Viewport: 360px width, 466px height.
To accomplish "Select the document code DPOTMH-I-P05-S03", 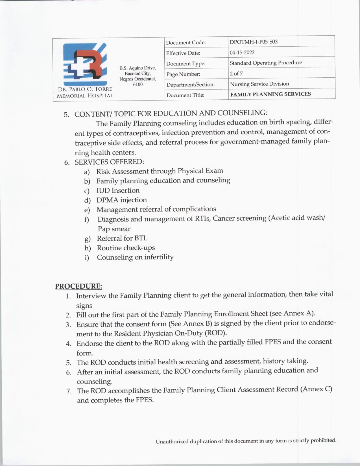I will [x=253, y=42].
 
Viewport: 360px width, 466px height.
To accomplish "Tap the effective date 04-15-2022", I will [x=242, y=53].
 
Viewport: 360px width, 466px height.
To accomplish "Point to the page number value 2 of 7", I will [x=236, y=74].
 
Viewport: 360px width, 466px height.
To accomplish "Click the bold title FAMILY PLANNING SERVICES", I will [x=270, y=94].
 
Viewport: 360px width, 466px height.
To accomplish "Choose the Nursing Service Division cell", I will [x=259, y=84].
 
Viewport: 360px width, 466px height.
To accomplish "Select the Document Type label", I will [x=186, y=64].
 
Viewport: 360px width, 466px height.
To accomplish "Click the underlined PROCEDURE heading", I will [x=78, y=286].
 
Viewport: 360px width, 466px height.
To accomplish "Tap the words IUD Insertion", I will [x=118, y=190].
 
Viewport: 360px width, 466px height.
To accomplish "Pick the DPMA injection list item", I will [x=121, y=200].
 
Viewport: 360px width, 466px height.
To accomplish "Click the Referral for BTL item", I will [x=122, y=238].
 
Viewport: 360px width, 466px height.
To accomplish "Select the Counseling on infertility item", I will [x=135, y=257].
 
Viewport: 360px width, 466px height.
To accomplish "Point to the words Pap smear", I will [x=114, y=229].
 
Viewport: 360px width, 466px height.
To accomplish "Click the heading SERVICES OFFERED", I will [x=109, y=162].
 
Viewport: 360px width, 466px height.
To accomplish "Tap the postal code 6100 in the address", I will [x=138, y=84].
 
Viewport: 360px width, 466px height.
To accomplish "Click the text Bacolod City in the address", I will [x=138, y=73].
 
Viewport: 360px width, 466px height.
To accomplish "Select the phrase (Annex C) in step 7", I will [x=316, y=389].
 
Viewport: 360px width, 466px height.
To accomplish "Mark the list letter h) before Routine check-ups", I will [x=88, y=248].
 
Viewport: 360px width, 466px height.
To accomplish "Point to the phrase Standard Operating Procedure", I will [x=266, y=63].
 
